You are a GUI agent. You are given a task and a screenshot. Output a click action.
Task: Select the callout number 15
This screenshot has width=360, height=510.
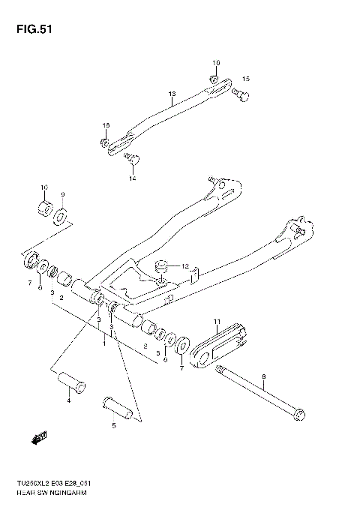coord(245,79)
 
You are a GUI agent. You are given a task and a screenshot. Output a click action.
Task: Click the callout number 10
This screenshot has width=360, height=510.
coord(43,187)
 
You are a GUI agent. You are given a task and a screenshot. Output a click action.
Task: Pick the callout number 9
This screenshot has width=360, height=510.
coord(63,195)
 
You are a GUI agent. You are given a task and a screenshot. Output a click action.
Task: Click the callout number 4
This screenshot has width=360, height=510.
coord(67,402)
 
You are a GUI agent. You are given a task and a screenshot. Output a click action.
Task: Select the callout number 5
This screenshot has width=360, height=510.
coord(114,425)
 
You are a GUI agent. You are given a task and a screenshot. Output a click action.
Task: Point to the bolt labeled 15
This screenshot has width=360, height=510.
coord(242,94)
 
